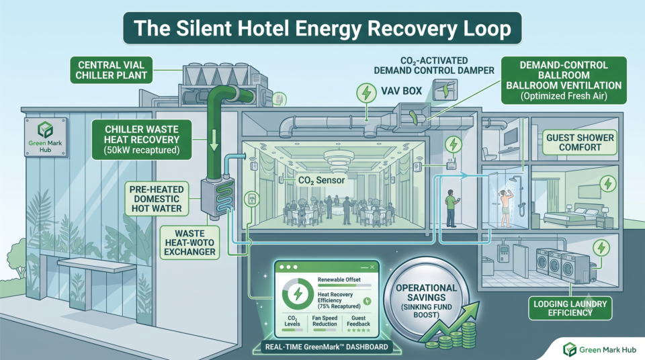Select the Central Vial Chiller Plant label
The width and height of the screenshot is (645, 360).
point(111,71)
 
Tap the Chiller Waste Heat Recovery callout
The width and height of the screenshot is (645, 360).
point(142,140)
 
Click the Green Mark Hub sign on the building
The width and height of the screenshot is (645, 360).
point(45,138)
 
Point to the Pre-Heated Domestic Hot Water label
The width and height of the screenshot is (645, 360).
point(157,199)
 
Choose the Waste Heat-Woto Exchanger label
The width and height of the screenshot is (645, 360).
point(189,242)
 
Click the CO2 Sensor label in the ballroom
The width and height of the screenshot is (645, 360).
point(322,180)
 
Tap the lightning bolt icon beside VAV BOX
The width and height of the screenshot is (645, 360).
point(366,93)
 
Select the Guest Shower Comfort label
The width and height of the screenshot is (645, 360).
point(580,142)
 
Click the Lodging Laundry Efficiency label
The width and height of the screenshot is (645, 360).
point(570,308)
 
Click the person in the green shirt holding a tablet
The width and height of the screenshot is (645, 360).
point(451,208)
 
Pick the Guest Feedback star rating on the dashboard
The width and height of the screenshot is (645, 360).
point(358,330)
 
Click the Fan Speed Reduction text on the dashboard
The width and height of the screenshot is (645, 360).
point(325,321)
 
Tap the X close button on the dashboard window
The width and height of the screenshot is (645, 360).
point(372,267)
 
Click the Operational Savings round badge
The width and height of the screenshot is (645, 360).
point(427,298)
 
